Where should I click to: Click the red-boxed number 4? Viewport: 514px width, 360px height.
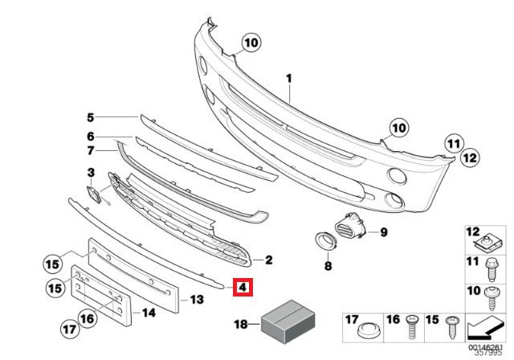coord(243,288)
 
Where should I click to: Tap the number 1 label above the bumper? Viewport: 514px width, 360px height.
coord(289,79)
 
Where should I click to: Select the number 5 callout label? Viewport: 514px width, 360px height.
coord(91,117)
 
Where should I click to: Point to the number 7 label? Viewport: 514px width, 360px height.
coord(91,151)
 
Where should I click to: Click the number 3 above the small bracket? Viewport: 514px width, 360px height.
coord(91,173)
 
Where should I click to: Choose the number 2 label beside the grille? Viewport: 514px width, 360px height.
coord(269,260)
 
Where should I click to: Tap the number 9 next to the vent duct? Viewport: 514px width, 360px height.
coord(384,232)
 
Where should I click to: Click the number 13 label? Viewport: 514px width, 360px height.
coord(197,300)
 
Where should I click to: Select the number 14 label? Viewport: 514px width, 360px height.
coord(149,313)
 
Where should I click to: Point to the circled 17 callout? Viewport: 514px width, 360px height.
coord(70,329)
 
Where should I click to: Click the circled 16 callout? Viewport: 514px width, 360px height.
coord(88,318)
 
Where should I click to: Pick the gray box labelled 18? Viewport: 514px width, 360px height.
coord(288,321)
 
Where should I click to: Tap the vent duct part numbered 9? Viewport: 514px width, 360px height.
coord(351,224)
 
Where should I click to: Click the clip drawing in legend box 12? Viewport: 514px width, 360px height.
coord(488,243)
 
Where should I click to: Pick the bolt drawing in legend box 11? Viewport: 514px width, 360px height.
coord(491,270)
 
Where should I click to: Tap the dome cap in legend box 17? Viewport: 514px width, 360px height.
coord(369,330)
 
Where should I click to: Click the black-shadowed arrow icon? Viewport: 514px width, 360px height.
coord(484,328)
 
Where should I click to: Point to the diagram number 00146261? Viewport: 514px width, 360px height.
coord(485,347)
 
